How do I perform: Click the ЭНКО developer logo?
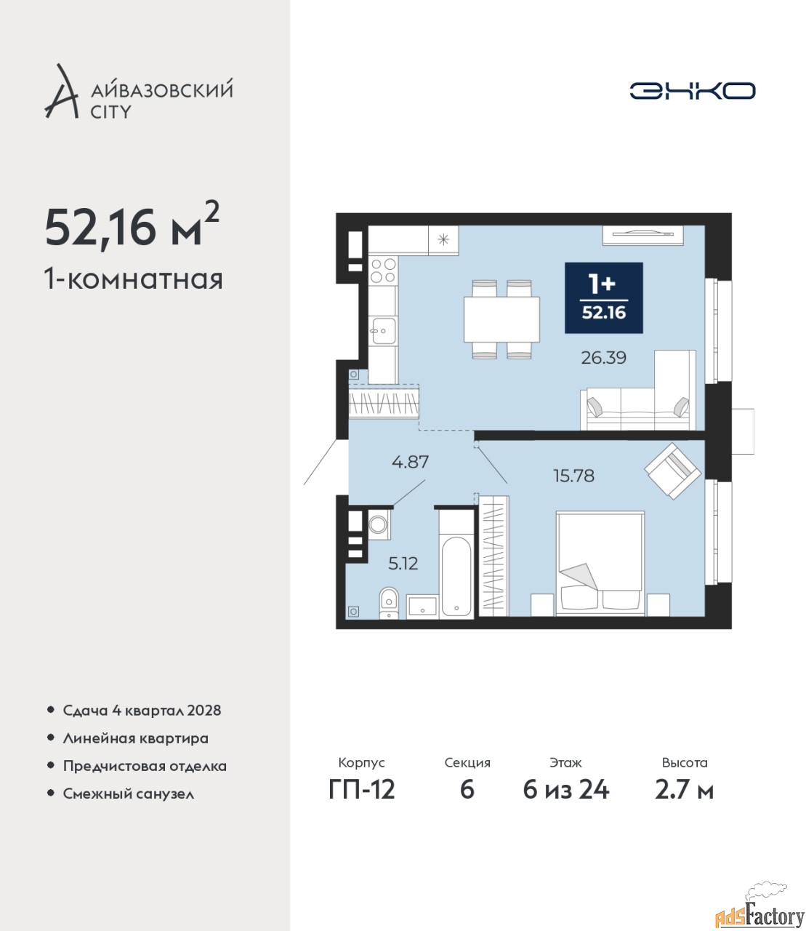tap(692, 90)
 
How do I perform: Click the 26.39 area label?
tap(603, 358)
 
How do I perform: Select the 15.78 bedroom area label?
tap(573, 476)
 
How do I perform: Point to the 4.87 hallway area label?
tap(410, 462)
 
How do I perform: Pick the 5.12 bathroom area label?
tap(403, 564)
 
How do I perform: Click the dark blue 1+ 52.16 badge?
tap(603, 297)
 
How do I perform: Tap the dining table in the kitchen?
tap(501, 319)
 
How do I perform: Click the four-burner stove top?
tap(383, 271)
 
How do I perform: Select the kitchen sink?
tap(383, 331)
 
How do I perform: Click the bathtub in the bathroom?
tap(456, 577)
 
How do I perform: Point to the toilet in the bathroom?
tap(388, 603)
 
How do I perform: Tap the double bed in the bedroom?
tap(600, 563)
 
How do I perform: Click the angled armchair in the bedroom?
tap(672, 471)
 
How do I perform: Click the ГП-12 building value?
tap(362, 790)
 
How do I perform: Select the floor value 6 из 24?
tap(565, 790)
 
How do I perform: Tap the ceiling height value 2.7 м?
tap(684, 790)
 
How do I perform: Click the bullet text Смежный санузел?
tap(129, 794)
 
